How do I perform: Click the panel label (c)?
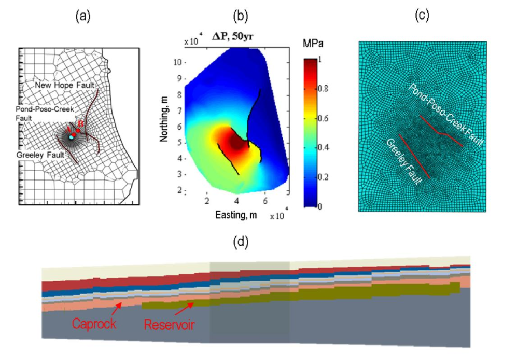tap(423, 16)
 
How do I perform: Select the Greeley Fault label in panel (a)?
tap(39, 154)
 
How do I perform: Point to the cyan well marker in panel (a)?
tap(71, 137)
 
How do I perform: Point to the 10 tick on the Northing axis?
tap(177, 62)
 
